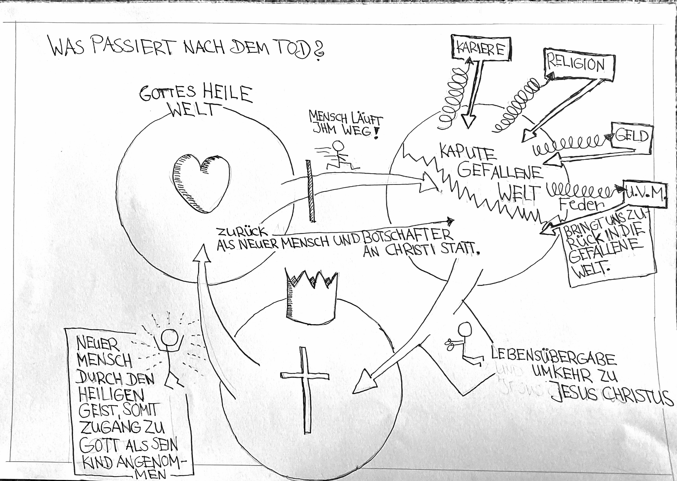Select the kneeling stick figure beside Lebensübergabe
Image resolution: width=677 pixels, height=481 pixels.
(x=464, y=343)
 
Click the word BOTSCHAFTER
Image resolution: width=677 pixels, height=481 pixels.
(x=405, y=237)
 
